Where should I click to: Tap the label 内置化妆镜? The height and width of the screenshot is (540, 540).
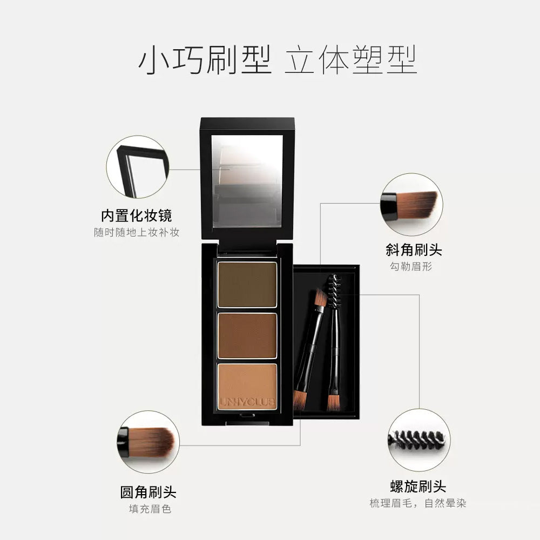click(x=136, y=215)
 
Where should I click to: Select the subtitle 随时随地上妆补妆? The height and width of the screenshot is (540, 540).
click(x=136, y=232)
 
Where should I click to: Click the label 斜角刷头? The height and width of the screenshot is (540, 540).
click(x=414, y=249)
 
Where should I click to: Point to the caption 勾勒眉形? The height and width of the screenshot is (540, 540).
click(x=414, y=266)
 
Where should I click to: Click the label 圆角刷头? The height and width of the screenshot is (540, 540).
click(x=148, y=492)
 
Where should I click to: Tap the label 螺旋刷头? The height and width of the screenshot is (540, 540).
click(x=418, y=486)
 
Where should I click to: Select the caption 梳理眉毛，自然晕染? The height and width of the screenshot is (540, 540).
click(x=418, y=503)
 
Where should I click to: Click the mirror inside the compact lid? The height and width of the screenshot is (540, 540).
click(x=247, y=180)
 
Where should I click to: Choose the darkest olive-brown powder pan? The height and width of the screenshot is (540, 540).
click(x=247, y=284)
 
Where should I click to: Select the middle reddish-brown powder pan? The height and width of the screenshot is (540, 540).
click(x=247, y=335)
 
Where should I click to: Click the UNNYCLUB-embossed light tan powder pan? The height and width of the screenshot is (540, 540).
click(x=247, y=386)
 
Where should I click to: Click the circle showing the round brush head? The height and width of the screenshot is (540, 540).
click(x=148, y=442)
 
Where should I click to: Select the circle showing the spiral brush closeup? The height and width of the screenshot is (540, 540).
click(x=419, y=440)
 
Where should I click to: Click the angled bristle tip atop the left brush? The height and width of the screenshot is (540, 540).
click(x=321, y=298)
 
